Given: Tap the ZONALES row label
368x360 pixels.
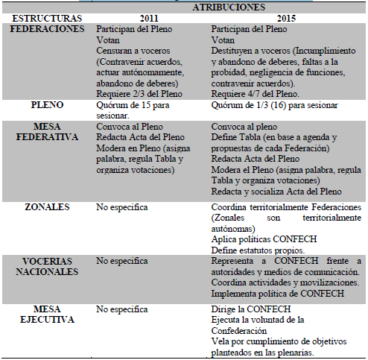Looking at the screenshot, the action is point(48,207).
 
